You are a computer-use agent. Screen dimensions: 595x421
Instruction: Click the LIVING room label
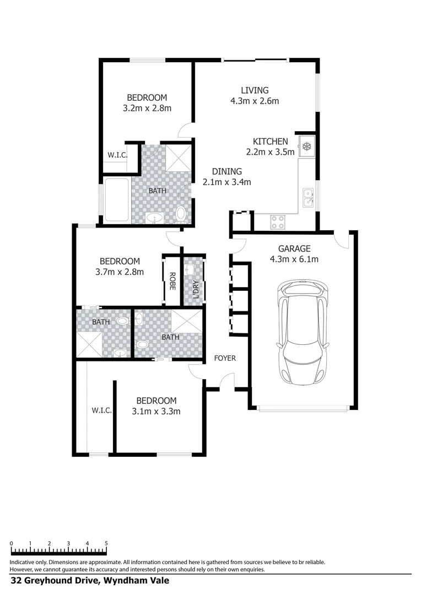point(254,90)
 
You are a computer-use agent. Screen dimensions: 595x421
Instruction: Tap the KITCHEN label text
point(270,142)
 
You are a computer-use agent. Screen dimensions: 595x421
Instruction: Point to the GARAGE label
point(294,248)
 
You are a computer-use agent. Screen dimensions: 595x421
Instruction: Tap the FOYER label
point(225,358)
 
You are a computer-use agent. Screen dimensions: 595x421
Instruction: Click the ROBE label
point(172,281)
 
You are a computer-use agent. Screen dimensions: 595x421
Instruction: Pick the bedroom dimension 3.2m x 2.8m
point(147,109)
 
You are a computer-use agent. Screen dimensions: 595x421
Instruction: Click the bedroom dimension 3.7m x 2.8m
point(120,272)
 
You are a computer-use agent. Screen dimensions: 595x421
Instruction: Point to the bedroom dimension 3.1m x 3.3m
point(156,411)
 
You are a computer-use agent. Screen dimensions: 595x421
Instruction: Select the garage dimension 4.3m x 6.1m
point(294,259)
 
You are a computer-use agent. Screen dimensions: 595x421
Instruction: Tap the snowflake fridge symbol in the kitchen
point(306,147)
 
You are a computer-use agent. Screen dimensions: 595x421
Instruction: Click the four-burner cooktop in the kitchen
point(278,221)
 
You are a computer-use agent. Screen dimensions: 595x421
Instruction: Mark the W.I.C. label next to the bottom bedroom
point(102,410)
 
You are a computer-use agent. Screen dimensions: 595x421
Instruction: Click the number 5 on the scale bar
point(106,543)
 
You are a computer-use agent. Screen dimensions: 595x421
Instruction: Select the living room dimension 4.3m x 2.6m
point(254,101)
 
